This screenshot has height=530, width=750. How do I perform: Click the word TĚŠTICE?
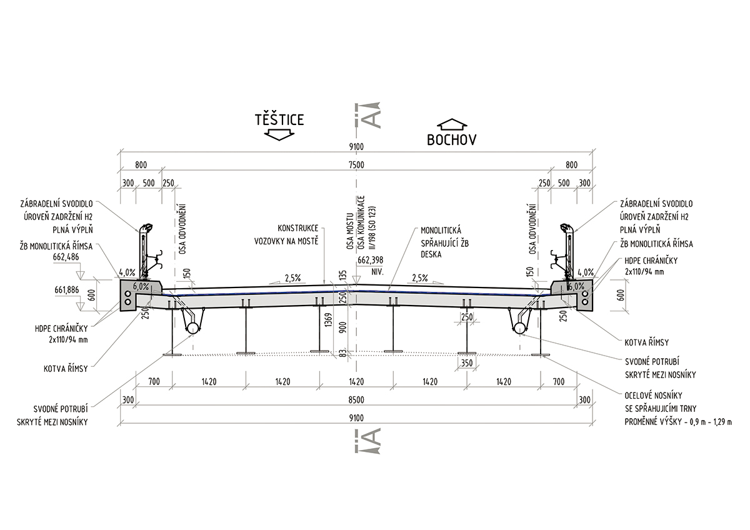[x=279, y=119]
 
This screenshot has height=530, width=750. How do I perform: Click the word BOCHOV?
[x=452, y=139]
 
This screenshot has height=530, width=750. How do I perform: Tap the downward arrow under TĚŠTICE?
[x=279, y=134]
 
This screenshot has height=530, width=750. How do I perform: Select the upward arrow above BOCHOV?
[x=452, y=124]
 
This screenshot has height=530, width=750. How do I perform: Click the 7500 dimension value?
[x=356, y=165]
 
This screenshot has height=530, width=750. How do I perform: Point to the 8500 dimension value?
[x=356, y=400]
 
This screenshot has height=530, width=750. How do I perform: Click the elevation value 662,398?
[x=370, y=260]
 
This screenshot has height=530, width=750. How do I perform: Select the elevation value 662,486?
[x=66, y=257]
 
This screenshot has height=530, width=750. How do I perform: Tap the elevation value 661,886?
[x=67, y=290]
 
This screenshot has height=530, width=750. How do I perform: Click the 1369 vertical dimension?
[x=329, y=320]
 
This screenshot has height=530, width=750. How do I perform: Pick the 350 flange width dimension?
[x=467, y=363]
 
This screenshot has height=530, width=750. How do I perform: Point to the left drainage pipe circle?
[x=192, y=327]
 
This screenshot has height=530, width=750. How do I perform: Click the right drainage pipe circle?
[x=519, y=327]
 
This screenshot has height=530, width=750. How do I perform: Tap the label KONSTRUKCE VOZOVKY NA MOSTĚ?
[x=286, y=235]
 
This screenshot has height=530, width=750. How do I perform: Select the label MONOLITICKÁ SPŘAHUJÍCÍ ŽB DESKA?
[x=444, y=242]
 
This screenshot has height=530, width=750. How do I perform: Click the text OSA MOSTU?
[x=350, y=231]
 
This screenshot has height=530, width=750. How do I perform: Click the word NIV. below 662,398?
[x=377, y=272]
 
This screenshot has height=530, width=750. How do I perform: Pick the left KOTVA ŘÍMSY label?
[x=66, y=369]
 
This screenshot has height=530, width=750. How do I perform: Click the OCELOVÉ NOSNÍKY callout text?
[x=654, y=396]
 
